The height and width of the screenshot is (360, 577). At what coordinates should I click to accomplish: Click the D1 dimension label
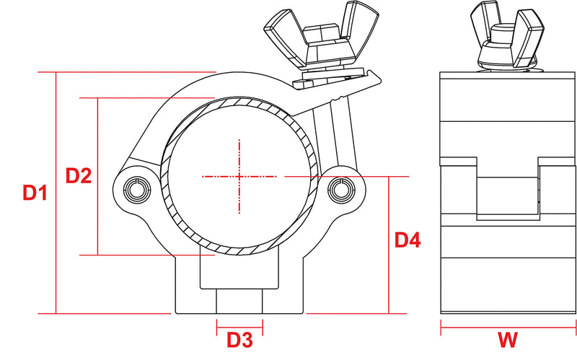35,193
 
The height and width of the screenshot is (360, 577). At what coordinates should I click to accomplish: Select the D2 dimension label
79,175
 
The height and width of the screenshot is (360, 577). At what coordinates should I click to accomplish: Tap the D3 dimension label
239,340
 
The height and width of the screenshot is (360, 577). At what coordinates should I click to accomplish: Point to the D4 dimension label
408,240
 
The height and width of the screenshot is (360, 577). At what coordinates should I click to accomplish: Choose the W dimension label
508,340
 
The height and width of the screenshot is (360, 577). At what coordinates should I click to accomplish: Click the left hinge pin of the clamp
136,189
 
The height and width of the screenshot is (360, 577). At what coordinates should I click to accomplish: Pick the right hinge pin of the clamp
341,189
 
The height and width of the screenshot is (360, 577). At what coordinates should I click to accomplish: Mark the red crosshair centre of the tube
239,177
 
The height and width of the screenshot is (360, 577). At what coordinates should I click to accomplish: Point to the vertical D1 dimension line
56,193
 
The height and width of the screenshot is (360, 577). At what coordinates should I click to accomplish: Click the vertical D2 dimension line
97,176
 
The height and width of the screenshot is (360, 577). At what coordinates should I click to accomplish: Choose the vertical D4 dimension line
389,245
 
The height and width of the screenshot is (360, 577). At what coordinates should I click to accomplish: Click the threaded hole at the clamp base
239,301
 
